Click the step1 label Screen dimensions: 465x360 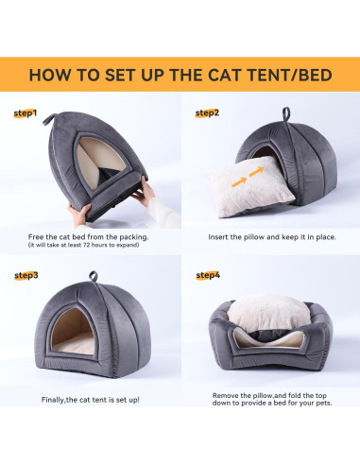26,113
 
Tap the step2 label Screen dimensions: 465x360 206,113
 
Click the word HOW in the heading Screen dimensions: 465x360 48,74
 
